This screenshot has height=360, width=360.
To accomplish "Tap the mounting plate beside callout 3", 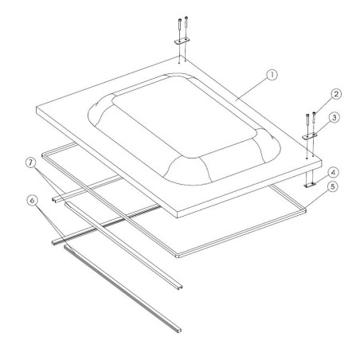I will (x=309, y=135).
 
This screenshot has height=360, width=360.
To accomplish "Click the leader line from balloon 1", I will (x=253, y=87).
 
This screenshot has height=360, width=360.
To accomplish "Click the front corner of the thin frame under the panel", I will (x=177, y=255).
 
